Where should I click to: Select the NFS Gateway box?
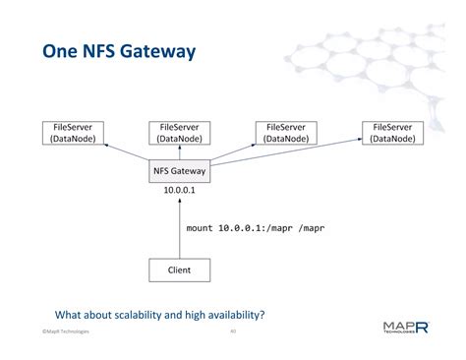coord(181,169)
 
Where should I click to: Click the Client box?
coord(181,269)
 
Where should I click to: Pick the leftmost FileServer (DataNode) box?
coord(71,133)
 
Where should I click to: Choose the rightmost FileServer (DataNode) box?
coord(393,133)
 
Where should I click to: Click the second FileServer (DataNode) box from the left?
coord(179,133)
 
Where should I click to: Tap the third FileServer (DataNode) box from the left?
coord(286,133)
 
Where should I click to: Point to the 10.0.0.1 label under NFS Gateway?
coord(181,190)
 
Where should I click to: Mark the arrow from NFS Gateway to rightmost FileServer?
coord(295,154)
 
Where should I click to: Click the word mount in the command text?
coord(202,227)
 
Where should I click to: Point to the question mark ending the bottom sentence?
coord(264,315)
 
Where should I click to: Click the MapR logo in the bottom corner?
coord(405,328)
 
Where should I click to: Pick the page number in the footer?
coord(233,332)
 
